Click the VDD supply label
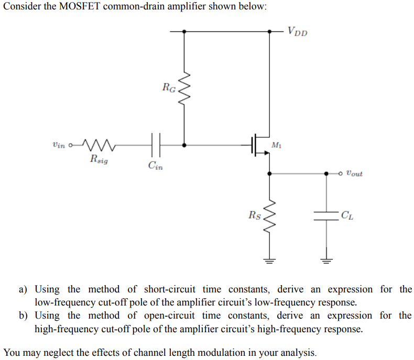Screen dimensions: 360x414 [x=297, y=31]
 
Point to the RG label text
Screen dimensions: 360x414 [x=169, y=88]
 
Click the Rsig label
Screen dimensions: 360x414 [x=99, y=159]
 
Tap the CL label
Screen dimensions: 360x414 [x=346, y=215]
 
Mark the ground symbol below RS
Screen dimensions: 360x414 [x=269, y=258]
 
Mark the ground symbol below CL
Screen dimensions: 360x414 [x=326, y=258]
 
